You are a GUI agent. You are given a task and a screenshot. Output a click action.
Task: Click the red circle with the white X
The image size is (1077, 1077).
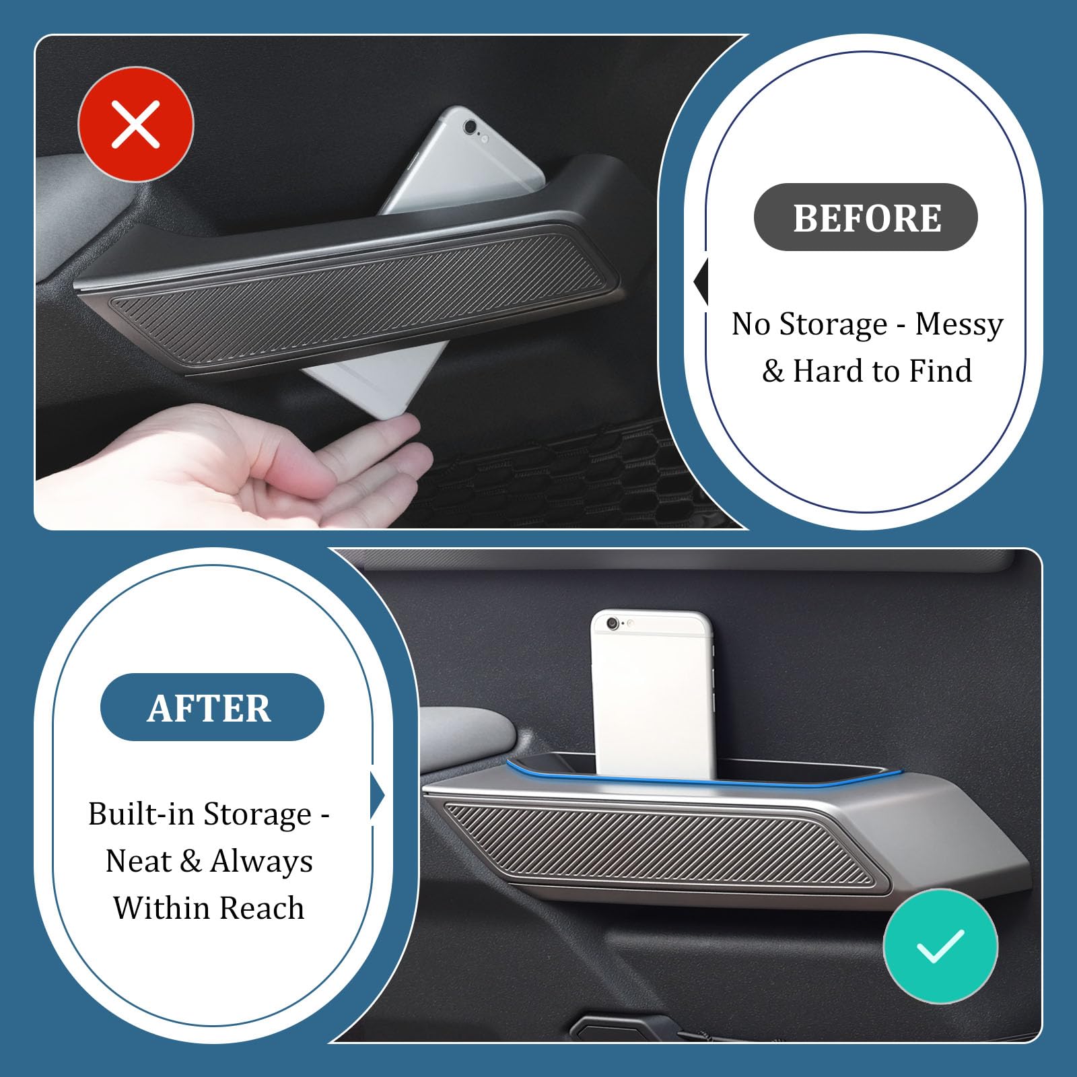tap(136, 124)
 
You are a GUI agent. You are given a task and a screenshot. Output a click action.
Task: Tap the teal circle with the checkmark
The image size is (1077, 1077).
tap(940, 946)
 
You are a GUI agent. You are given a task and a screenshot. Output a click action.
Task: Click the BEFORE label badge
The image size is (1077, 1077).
tap(866, 217)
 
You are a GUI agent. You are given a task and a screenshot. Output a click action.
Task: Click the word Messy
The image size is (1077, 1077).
tap(959, 324)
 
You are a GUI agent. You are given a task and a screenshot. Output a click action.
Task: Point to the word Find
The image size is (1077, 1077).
tap(940, 371)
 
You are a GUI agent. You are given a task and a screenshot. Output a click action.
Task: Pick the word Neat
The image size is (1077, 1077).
tap(138, 861)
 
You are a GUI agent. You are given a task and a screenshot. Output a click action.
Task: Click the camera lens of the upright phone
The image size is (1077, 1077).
tap(613, 624)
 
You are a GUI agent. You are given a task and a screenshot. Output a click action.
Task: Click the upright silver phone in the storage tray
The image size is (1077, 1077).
tap(652, 694)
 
